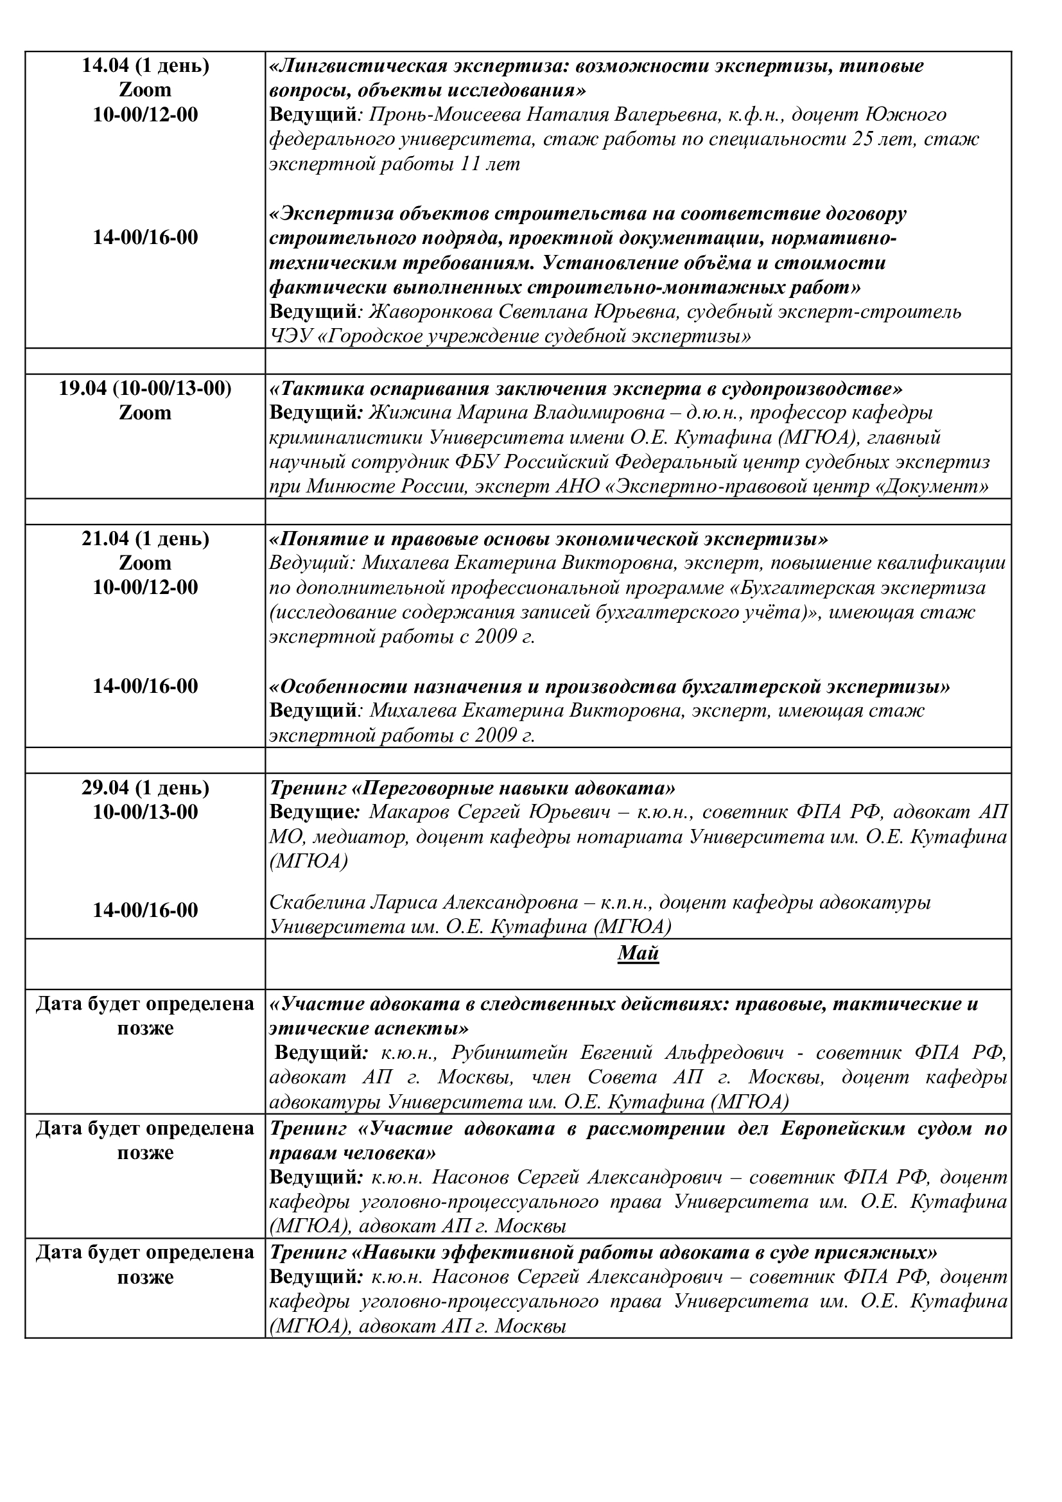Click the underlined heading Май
point(638,953)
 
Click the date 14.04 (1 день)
point(145,65)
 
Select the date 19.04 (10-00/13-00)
point(145,389)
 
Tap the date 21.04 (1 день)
point(145,538)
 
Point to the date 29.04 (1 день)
point(145,788)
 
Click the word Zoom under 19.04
point(145,413)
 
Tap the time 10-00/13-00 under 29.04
point(145,812)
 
